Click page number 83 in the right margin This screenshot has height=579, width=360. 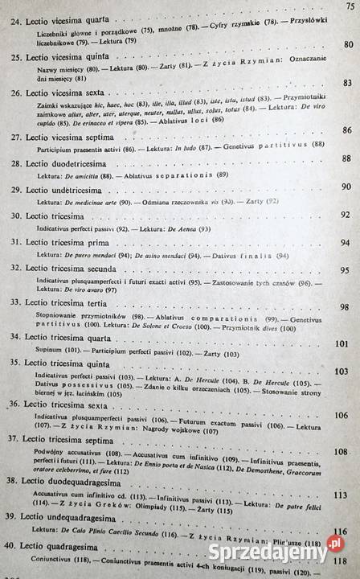[348, 83]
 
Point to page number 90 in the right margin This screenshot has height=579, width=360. [348, 187]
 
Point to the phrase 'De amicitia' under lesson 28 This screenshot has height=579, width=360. [84, 175]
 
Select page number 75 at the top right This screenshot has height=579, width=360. [350, 6]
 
